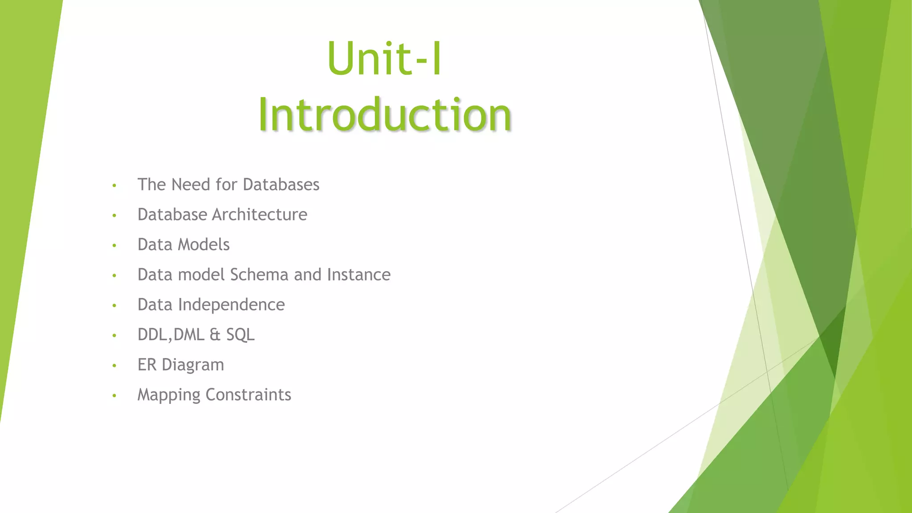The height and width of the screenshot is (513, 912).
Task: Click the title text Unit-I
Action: click(x=384, y=59)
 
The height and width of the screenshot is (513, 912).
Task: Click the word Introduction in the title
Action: click(x=384, y=114)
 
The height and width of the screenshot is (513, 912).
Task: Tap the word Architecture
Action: click(x=259, y=215)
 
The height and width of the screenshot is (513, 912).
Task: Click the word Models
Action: click(x=204, y=244)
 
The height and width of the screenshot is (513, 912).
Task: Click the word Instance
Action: click(x=358, y=275)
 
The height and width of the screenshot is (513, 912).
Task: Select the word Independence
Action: click(x=231, y=305)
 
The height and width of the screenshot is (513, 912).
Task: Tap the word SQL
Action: click(x=240, y=335)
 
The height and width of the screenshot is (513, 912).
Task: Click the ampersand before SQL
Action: click(x=215, y=335)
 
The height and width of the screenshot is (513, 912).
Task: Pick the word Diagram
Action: click(x=192, y=365)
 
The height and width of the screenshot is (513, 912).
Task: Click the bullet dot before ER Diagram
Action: click(x=114, y=366)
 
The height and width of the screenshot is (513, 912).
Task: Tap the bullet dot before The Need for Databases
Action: click(x=114, y=185)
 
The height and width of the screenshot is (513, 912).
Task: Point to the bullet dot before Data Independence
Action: click(x=114, y=305)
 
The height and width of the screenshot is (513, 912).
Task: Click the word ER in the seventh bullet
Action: click(x=147, y=365)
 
